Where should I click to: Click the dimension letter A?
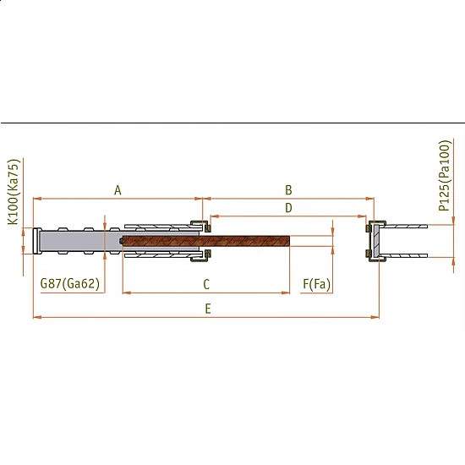118,190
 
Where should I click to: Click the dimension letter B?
288,190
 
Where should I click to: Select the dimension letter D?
288,208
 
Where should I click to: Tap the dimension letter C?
206,284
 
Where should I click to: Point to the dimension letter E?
208,309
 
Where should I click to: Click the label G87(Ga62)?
70,283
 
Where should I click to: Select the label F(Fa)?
316,284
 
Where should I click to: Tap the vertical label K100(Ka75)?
13,192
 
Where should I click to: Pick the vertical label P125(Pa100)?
444,176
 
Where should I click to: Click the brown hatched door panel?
206,241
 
